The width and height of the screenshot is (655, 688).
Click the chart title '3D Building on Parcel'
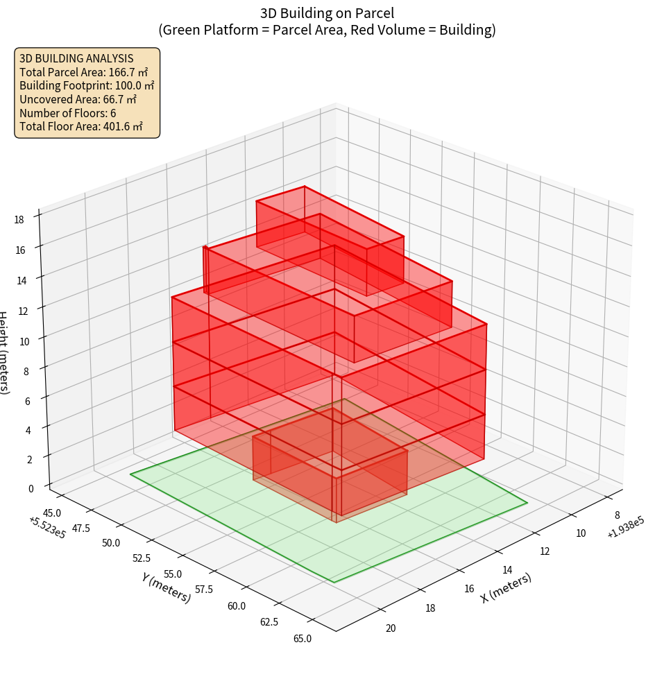click(327, 12)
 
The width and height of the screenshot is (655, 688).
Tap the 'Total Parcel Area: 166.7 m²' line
click(84, 71)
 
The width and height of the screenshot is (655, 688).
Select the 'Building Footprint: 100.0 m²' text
click(87, 85)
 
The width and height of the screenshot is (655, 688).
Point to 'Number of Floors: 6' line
click(68, 113)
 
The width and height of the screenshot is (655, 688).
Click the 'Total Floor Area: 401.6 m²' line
click(81, 126)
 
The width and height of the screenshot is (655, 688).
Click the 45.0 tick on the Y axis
click(52, 513)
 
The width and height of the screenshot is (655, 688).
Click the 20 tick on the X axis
click(391, 628)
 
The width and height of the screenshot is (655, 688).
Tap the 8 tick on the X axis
click(617, 515)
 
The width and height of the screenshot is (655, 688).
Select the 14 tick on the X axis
click(507, 570)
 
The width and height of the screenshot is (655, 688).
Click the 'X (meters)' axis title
click(507, 587)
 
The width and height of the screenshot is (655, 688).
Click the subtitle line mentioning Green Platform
click(327, 30)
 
